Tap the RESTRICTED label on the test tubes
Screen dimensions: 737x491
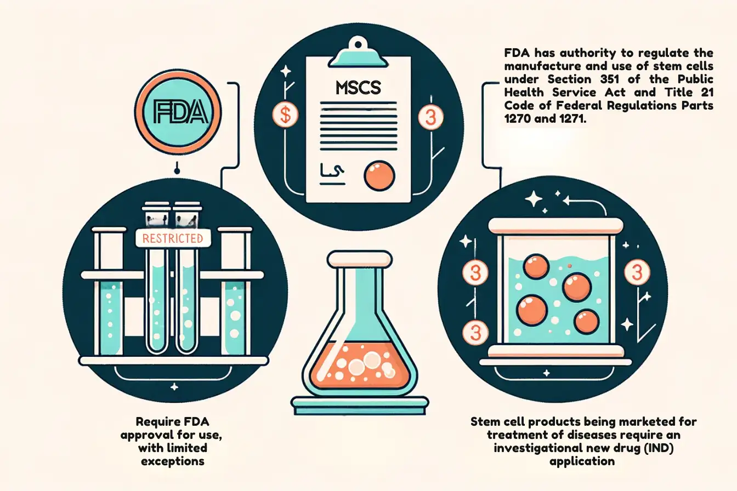click(173, 238)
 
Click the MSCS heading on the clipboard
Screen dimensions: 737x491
click(358, 88)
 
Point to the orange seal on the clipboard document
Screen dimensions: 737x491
click(379, 175)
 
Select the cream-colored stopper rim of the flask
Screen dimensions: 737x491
click(359, 259)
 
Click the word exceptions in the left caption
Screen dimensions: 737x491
click(173, 461)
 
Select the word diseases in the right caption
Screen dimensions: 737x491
click(588, 435)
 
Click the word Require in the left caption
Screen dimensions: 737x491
click(155, 421)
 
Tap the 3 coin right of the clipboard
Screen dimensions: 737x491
click(430, 117)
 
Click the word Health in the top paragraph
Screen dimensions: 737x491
click(524, 93)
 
